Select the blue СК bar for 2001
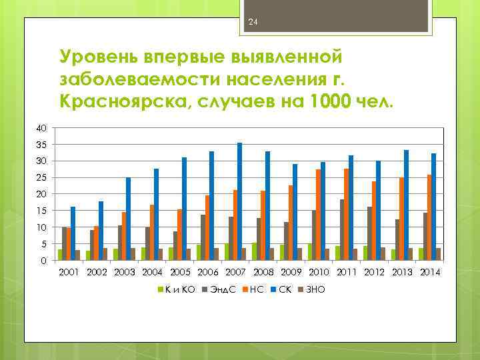point(73,233)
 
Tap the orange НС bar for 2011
point(346,214)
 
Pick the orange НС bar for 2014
point(429,217)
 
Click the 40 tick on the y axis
point(42,128)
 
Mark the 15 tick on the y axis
point(42,211)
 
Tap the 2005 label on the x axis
point(181,272)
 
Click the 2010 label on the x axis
point(319,272)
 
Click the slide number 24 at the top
point(253,23)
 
